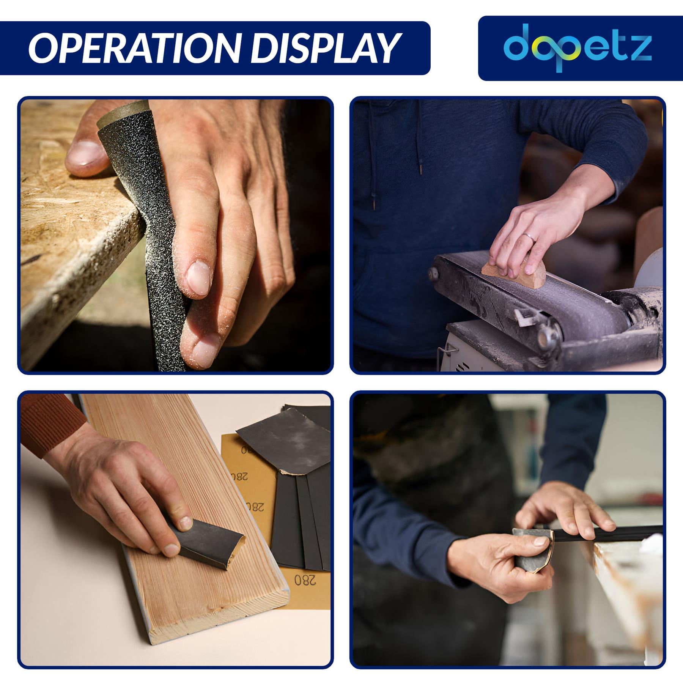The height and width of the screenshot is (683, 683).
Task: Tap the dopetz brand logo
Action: point(578,48)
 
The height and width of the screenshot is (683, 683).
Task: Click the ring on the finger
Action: point(530,238)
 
